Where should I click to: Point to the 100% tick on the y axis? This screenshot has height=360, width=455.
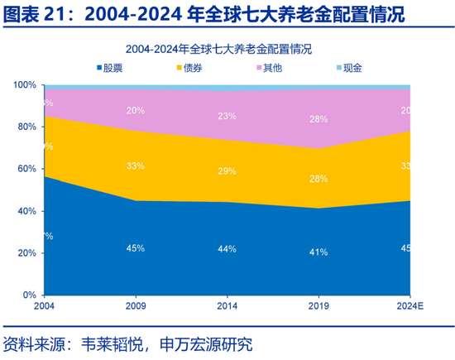[x=25, y=85]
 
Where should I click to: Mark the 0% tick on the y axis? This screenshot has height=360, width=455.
[x=30, y=295]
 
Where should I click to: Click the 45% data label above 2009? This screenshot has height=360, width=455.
[x=136, y=247]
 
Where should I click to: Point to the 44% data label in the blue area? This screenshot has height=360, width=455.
[x=227, y=248]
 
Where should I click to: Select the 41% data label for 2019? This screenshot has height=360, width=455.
[x=318, y=252]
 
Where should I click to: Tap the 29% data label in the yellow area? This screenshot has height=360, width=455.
[x=227, y=170]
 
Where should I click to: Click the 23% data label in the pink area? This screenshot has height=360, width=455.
[x=227, y=116]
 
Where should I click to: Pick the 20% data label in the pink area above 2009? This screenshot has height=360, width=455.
[x=136, y=110]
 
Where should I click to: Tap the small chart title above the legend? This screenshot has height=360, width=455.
[x=227, y=49]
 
